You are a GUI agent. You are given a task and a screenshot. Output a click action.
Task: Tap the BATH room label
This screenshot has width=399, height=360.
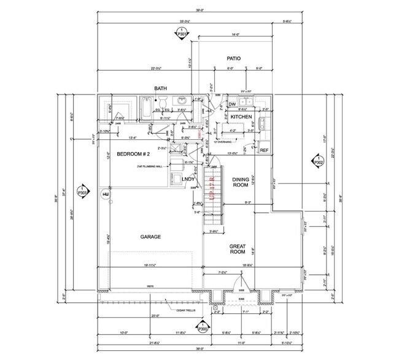[x=161, y=89]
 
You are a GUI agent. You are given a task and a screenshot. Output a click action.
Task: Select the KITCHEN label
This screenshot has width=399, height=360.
[x=242, y=117]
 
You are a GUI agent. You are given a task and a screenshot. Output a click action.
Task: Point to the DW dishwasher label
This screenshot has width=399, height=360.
[x=233, y=105]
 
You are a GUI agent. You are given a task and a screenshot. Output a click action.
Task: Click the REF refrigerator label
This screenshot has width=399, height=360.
[x=264, y=150]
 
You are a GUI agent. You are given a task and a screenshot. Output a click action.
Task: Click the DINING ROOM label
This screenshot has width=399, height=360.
[x=239, y=182]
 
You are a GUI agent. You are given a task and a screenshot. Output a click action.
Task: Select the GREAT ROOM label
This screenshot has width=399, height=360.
[x=238, y=248]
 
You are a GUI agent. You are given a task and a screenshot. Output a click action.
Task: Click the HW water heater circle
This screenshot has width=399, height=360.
[x=106, y=194]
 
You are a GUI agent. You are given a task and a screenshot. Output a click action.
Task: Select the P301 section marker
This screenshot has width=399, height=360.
[x=181, y=35]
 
